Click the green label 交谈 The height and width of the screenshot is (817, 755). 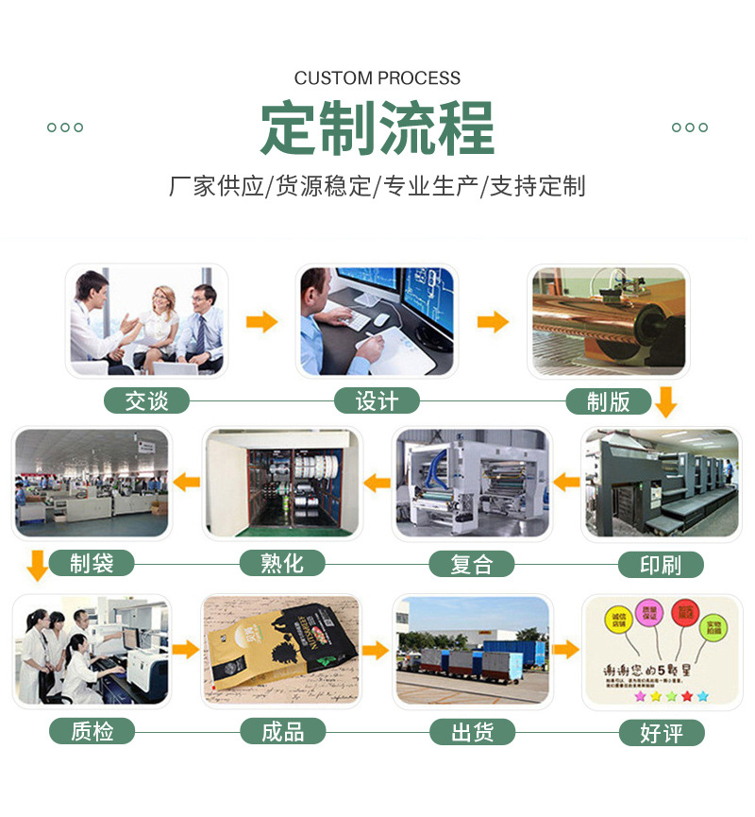tap(146, 401)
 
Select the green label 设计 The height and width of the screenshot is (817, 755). tap(377, 401)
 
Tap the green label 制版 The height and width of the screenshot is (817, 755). tap(608, 401)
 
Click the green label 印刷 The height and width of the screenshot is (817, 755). tap(661, 565)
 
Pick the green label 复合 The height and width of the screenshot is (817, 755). tap(472, 565)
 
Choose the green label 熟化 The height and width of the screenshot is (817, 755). tap(282, 564)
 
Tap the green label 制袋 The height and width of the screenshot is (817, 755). tap(92, 564)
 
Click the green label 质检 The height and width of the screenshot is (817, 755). tap(92, 731)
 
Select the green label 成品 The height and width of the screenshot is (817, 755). tap(282, 731)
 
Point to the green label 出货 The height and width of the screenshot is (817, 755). tap(472, 731)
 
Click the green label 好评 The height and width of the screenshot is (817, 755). tap(661, 732)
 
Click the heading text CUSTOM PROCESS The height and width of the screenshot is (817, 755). tap(377, 78)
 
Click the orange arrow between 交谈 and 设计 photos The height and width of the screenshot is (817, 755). tap(261, 321)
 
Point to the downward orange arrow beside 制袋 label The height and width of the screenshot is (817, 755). tap(37, 565)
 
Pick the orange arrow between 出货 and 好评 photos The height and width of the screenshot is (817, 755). tap(565, 650)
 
